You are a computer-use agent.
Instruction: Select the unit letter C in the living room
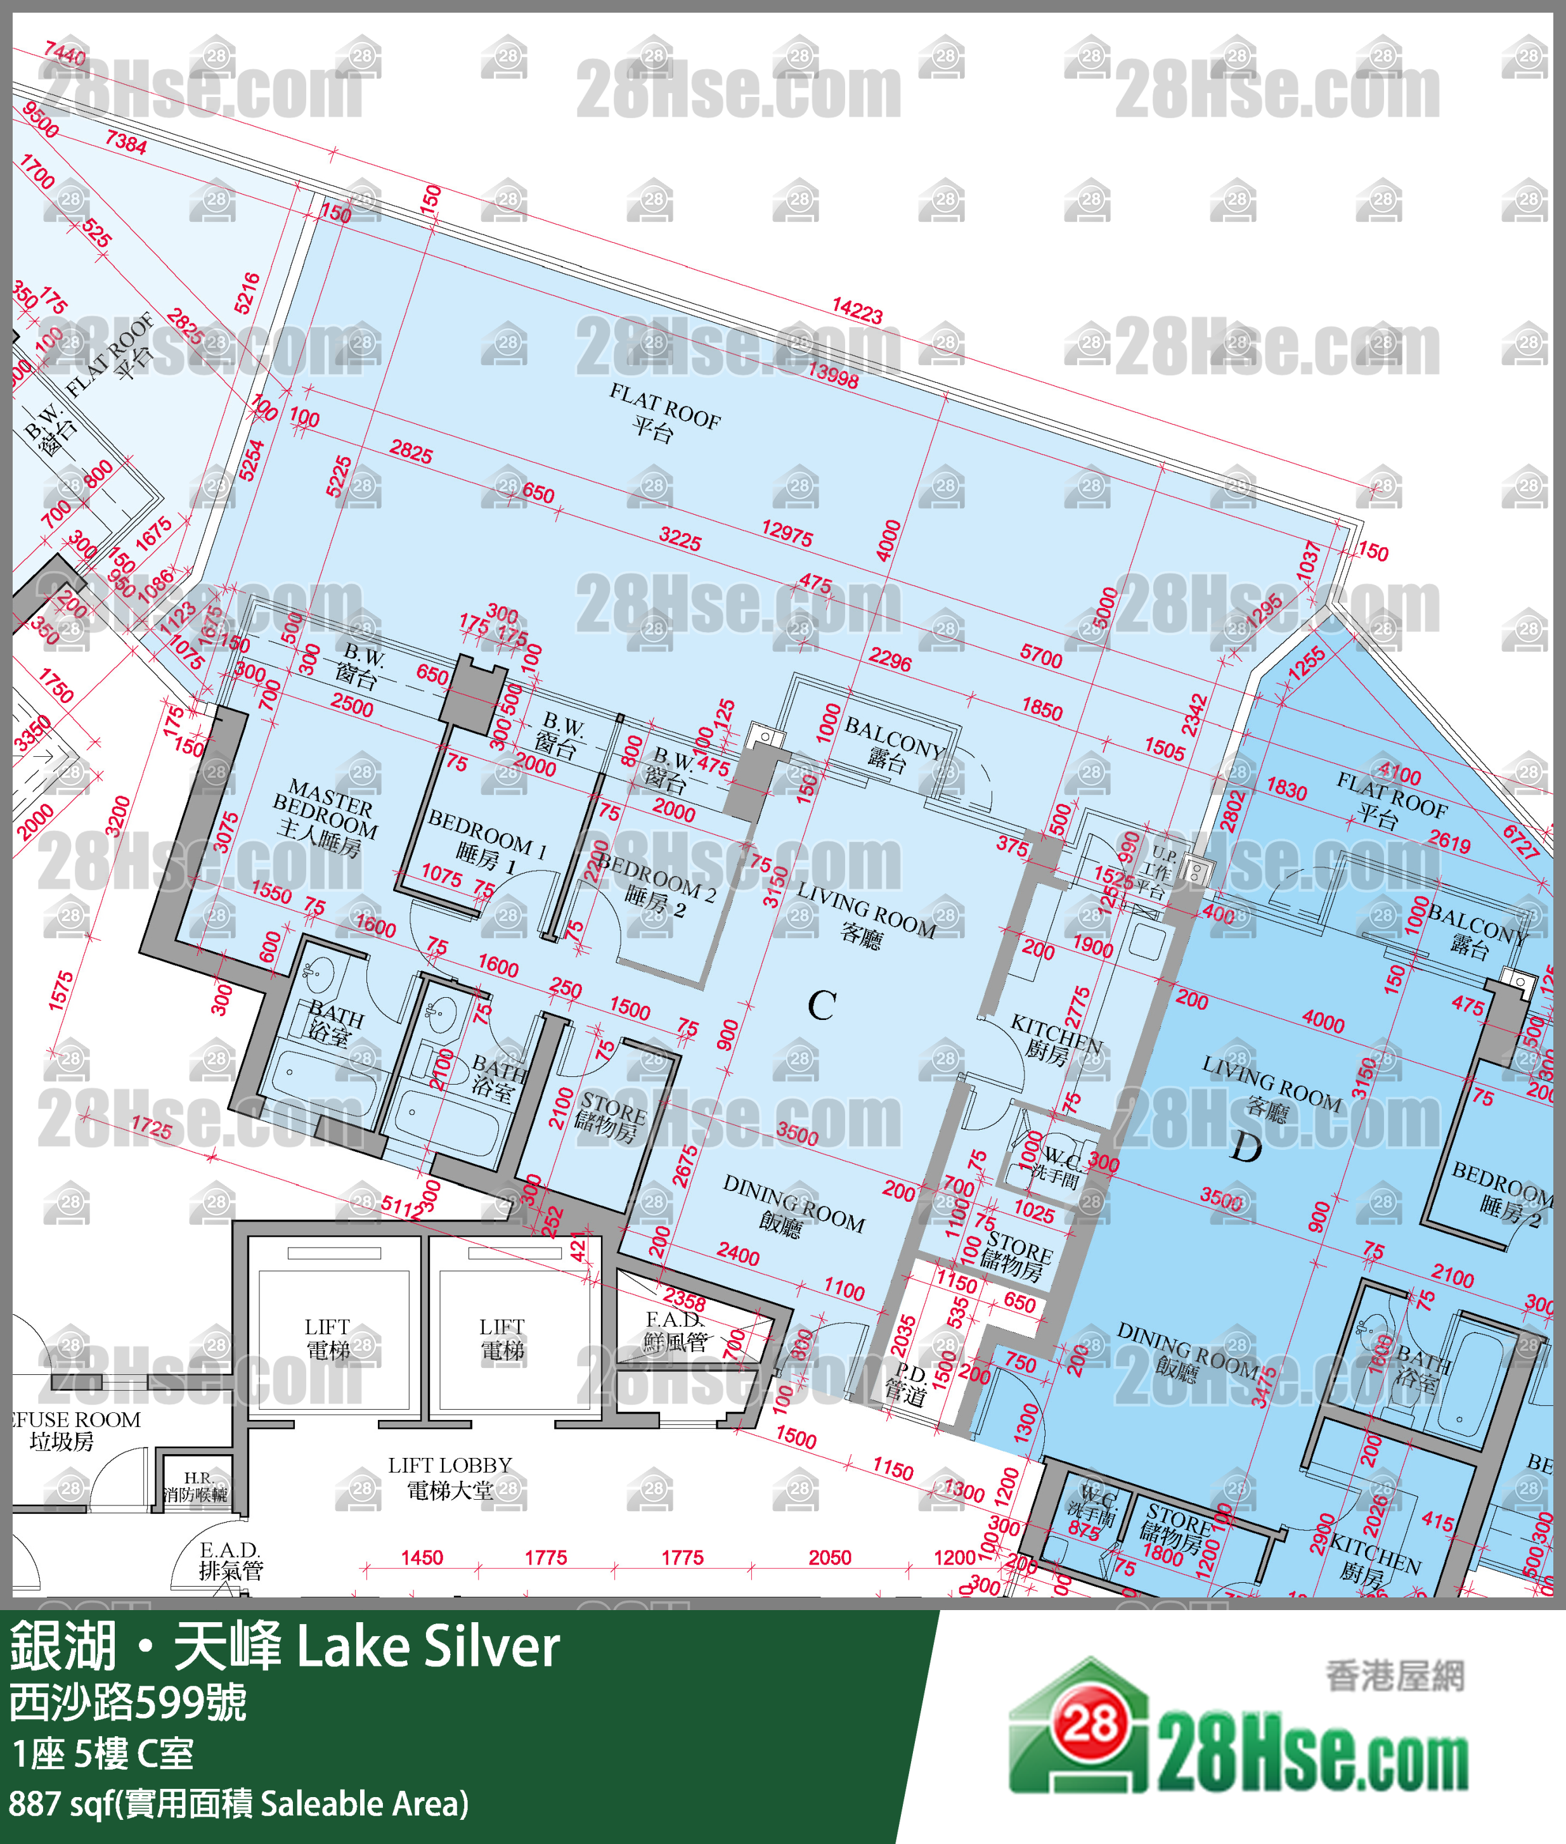[x=821, y=1005]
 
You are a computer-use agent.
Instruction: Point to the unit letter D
[x=1246, y=1148]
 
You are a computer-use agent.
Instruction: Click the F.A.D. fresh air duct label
[x=675, y=1331]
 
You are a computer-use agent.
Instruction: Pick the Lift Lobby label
[x=450, y=1478]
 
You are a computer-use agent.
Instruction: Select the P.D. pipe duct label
[x=907, y=1384]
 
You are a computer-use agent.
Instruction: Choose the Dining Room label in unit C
[x=792, y=1205]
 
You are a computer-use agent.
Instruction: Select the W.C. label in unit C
[x=1058, y=1164]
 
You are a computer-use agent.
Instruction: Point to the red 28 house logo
[x=1090, y=1724]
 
